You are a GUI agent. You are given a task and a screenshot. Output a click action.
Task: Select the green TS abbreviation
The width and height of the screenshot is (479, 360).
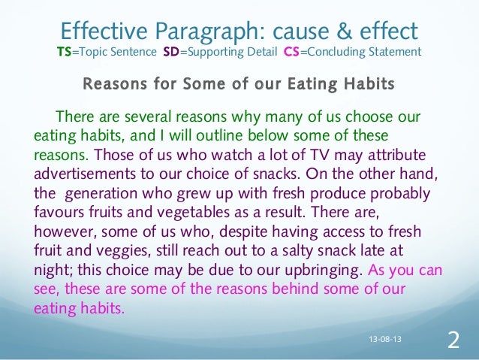tap(65, 53)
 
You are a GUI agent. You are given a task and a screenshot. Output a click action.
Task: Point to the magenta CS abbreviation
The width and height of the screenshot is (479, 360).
tap(291, 53)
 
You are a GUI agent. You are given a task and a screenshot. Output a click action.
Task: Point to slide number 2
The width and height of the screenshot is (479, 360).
tap(453, 340)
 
